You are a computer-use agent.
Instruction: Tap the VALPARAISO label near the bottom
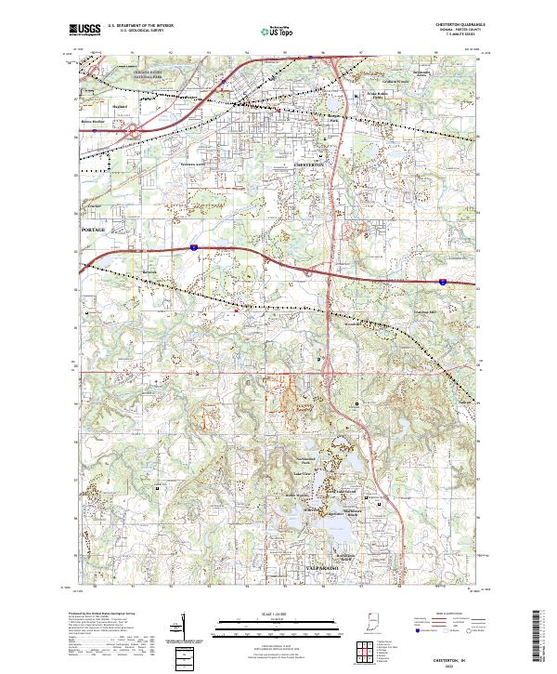pos(323,566)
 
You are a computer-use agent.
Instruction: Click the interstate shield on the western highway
pos(194,247)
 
